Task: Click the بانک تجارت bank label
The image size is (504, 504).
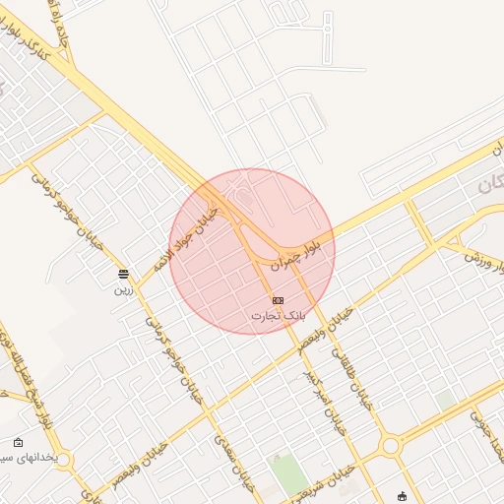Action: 279,315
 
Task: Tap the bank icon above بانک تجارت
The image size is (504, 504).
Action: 279,300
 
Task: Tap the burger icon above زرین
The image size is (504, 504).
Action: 123,274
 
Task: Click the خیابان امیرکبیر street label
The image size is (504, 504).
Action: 326,399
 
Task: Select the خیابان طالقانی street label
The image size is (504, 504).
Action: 353,378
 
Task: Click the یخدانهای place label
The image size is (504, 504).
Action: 30,459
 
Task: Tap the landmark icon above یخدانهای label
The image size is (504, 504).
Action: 19,443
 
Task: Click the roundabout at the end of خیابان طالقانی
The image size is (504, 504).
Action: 391,446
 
